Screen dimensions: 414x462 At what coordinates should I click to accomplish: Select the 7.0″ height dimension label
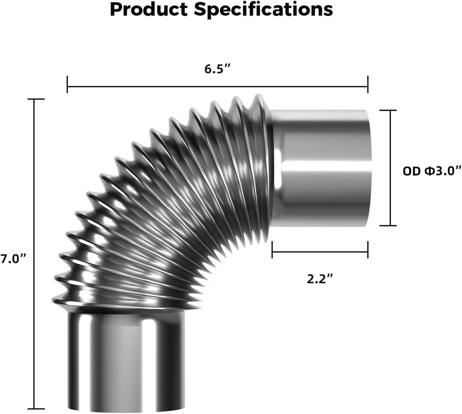coord(12,259)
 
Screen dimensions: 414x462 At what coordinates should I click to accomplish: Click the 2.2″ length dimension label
coord(320,279)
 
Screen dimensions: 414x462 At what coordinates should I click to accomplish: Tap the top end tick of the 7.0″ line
coord(36,99)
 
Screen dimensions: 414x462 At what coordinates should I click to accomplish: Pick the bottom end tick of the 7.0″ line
coord(36,408)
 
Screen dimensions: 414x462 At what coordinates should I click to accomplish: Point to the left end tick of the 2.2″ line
coord(273,250)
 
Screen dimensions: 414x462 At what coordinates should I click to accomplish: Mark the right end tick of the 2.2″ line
coord(368,250)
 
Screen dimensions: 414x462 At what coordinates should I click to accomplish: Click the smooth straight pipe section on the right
coord(323,168)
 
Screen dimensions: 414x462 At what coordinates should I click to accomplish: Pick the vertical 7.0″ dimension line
coord(36,185)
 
